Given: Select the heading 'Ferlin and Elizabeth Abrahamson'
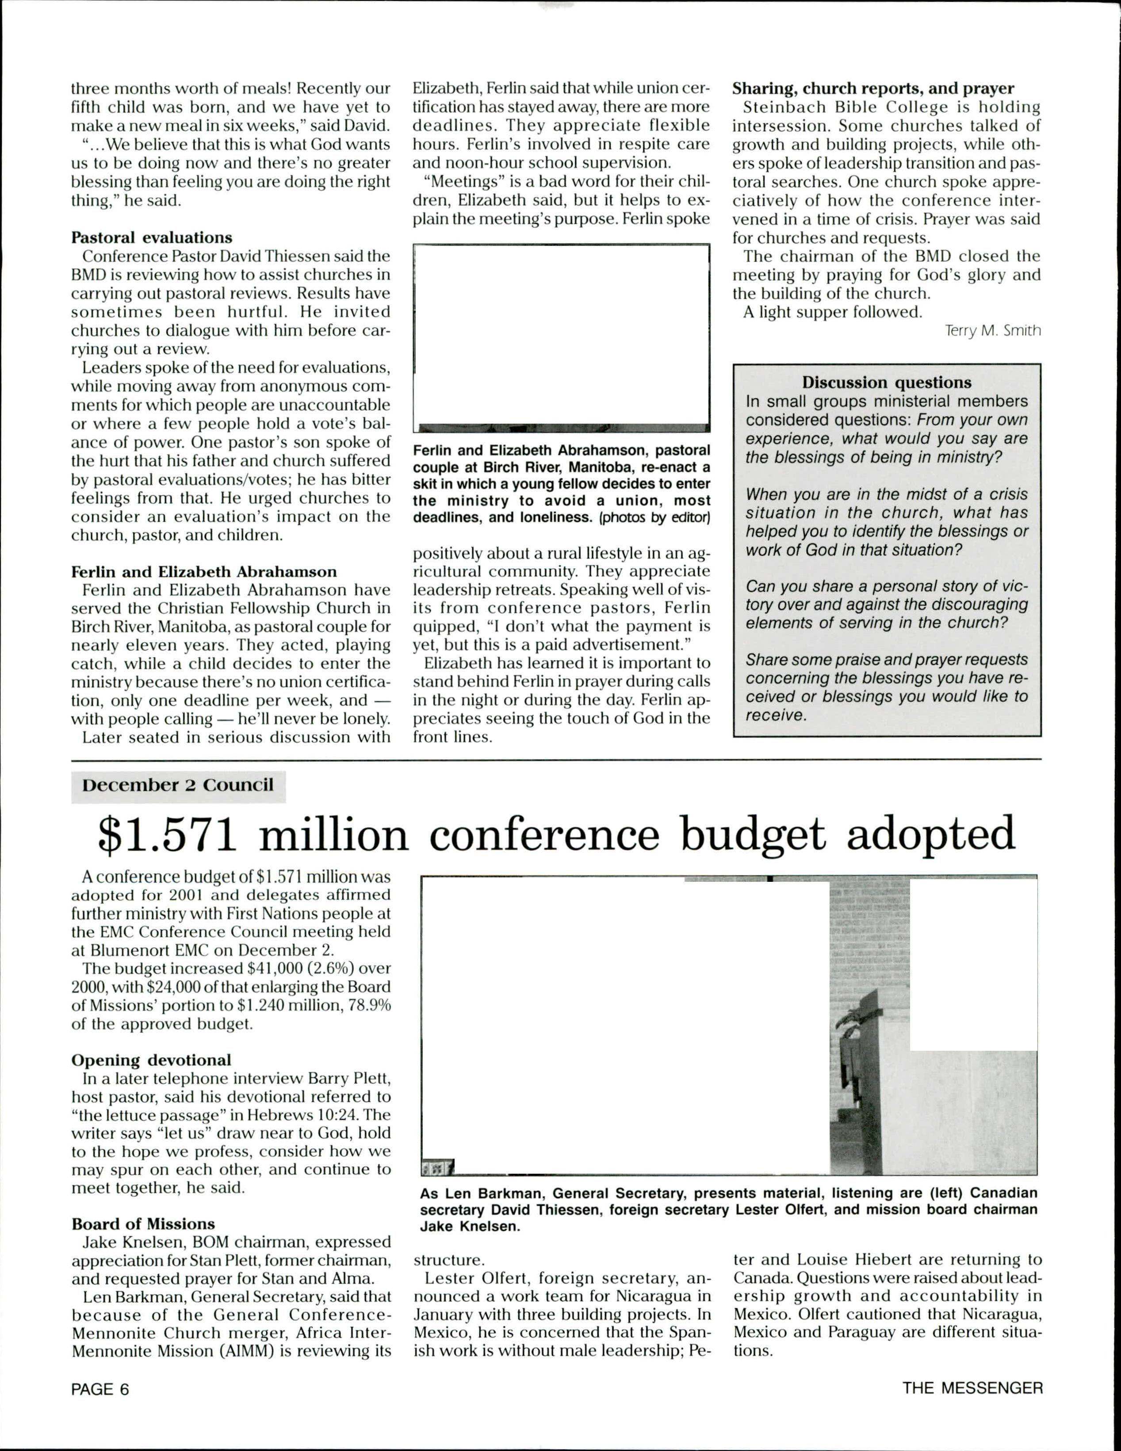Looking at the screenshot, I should click(x=204, y=572).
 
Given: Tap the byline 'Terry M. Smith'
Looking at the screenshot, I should click(x=993, y=331).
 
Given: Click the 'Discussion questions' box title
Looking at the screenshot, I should click(x=887, y=383).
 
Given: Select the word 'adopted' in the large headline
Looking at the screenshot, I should click(x=930, y=835).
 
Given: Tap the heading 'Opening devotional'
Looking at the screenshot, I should click(x=152, y=1060).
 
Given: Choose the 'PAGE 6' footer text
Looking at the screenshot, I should click(x=99, y=1389).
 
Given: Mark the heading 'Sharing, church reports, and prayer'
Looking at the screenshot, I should click(x=873, y=88).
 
